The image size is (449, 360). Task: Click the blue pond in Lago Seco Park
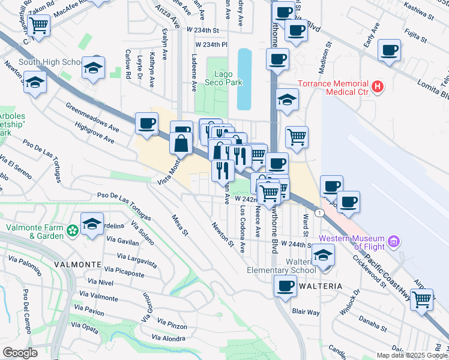244,79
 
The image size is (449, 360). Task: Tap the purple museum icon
394,242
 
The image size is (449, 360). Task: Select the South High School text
50,62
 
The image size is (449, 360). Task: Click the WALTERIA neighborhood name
319,286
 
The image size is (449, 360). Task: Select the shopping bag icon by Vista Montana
181,143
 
